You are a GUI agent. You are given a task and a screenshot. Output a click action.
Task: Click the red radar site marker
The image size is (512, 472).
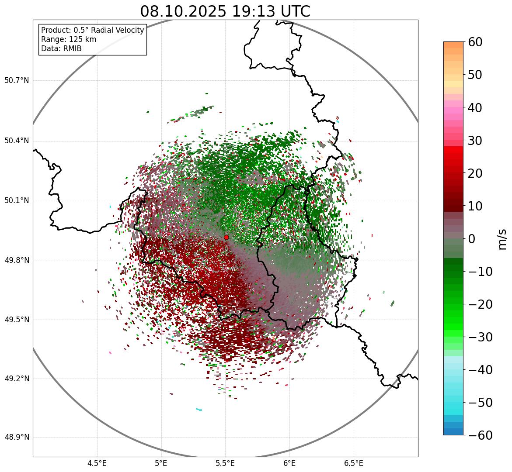point(226,237)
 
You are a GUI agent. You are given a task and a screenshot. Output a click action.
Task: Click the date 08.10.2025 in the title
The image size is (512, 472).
point(183,11)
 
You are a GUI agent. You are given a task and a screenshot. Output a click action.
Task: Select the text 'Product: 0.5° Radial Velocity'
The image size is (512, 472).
point(92,30)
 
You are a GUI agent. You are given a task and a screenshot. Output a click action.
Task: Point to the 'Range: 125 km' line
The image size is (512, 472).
point(69,39)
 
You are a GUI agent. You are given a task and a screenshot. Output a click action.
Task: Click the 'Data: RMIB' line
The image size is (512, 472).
point(61,48)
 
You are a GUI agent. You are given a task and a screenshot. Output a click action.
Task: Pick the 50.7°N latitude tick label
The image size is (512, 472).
point(17,81)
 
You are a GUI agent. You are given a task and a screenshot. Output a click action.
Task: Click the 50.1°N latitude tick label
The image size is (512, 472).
point(17,201)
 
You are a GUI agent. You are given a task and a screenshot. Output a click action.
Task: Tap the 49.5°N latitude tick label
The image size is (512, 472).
point(17,320)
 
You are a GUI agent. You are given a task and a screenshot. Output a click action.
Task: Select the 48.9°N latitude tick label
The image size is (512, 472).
point(17,438)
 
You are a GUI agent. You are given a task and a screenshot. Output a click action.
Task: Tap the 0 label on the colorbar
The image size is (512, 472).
point(471,239)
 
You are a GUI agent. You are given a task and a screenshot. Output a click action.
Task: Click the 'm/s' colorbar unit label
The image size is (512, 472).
point(502,239)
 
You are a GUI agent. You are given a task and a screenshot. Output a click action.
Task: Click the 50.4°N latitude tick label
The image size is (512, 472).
point(17,141)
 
